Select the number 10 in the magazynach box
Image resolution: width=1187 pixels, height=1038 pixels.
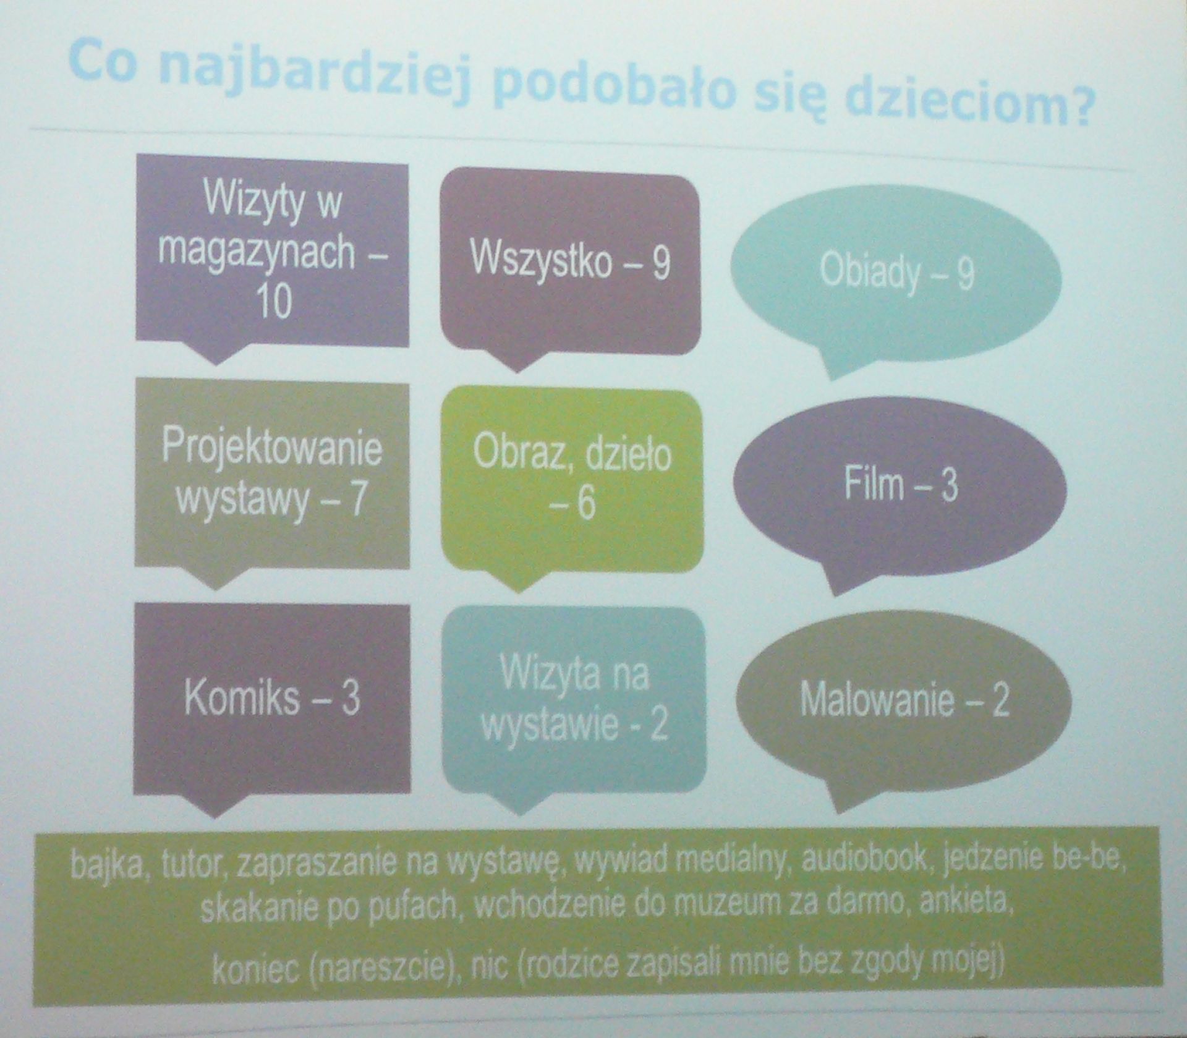[272, 302]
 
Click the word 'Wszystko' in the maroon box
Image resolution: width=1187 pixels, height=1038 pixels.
[540, 260]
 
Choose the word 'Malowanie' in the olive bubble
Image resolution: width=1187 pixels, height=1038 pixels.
[877, 699]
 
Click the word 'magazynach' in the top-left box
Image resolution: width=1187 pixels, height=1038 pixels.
[256, 253]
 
